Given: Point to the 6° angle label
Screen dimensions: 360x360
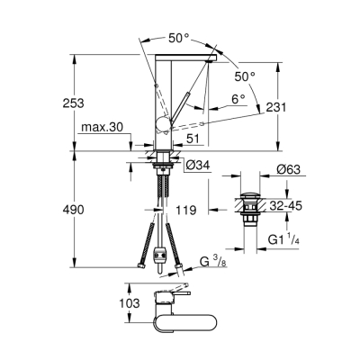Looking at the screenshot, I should pyautogui.click(x=238, y=100).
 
